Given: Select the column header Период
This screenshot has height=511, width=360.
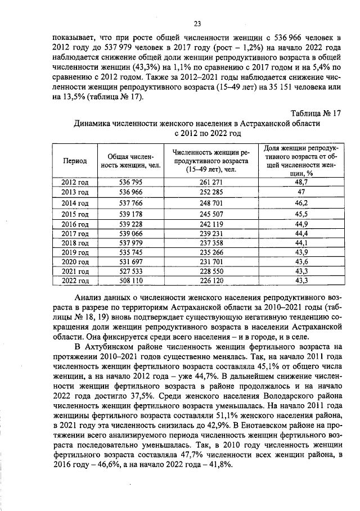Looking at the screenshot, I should (75, 160).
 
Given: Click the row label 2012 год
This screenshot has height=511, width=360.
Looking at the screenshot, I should (75, 182).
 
